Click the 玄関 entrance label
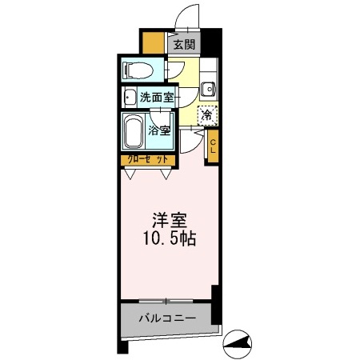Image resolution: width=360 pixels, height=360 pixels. pyautogui.click(x=183, y=45)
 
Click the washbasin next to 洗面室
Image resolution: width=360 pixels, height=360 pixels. pyautogui.click(x=130, y=98)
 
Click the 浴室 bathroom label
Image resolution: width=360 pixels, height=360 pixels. pyautogui.click(x=158, y=130)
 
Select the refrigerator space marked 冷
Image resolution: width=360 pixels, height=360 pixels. pyautogui.click(x=206, y=115)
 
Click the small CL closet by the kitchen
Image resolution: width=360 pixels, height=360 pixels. pyautogui.click(x=213, y=144)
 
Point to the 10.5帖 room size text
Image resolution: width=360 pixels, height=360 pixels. pyautogui.click(x=170, y=238)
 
